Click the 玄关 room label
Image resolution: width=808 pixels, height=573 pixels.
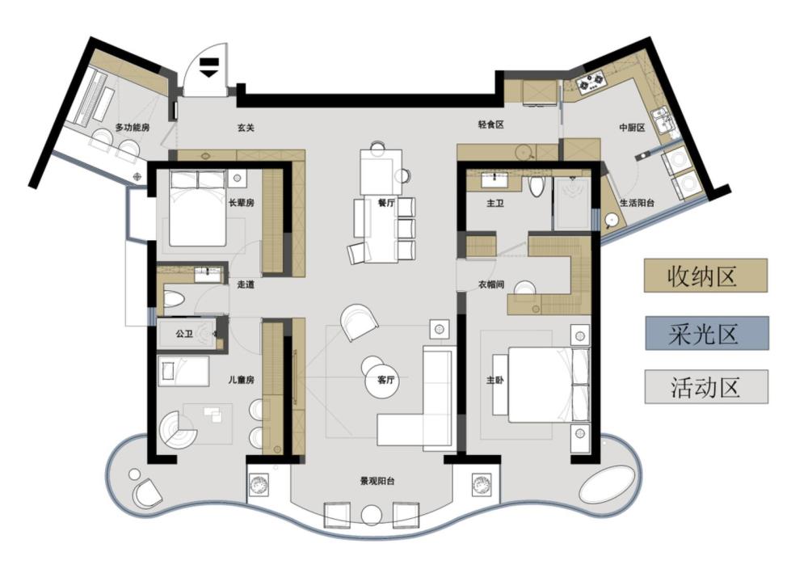246,128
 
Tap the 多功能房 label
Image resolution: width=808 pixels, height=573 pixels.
132,127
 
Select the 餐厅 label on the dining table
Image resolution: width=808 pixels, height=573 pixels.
386,203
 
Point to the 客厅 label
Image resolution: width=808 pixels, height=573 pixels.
386,381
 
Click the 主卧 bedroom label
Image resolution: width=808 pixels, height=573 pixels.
494,381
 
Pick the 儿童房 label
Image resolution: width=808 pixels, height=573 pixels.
241,381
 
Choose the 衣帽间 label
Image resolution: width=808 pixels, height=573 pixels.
490,284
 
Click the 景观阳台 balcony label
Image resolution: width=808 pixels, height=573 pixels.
377,482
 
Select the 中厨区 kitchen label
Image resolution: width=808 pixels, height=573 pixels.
633,127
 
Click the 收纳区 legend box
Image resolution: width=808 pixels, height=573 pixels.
705,276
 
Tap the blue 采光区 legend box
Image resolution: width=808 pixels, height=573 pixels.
706,334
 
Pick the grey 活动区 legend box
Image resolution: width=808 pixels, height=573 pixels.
706,386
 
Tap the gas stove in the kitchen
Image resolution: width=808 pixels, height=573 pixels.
591,84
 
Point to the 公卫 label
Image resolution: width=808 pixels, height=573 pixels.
184,334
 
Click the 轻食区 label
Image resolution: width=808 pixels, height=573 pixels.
490,124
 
